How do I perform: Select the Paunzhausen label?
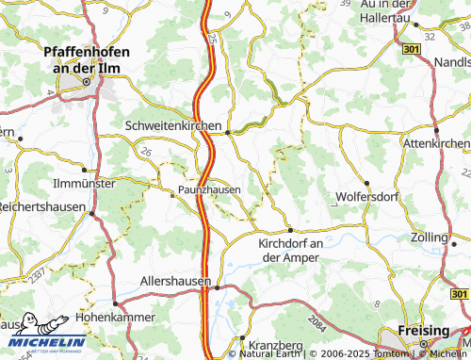(209, 189)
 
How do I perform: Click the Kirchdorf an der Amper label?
(291, 251)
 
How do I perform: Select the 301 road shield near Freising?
(460, 294)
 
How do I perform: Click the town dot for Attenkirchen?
(437, 130)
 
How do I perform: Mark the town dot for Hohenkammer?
(115, 303)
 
